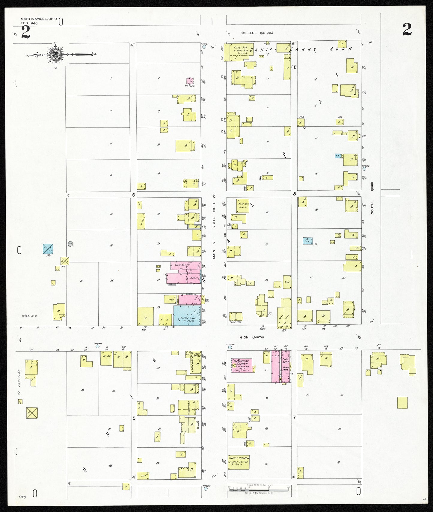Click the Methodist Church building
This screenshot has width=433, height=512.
coord(241,365)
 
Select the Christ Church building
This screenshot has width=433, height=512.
coord(239,462)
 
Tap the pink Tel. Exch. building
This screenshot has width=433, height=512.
coord(190,81)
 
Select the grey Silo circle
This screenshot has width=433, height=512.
coord(70,244)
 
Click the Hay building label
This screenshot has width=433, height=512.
coord(144,475)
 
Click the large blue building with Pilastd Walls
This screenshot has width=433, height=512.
coord(187,316)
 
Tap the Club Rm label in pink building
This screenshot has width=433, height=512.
coord(180,265)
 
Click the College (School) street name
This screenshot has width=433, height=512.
coord(257,33)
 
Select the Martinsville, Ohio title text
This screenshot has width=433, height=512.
coord(39,19)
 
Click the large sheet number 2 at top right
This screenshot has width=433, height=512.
coord(407,29)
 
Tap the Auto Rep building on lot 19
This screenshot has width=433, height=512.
coord(242,206)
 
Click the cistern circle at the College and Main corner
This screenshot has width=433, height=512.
coord(204,47)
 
